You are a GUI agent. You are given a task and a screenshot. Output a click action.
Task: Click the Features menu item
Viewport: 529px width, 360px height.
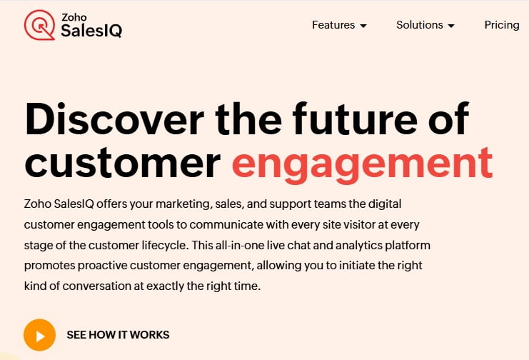(333, 25)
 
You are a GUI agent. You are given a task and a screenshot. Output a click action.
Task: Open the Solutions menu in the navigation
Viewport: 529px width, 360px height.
(420, 25)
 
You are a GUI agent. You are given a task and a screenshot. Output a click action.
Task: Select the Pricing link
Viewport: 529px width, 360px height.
(501, 25)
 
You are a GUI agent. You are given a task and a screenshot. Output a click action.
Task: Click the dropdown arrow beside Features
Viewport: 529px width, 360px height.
(363, 26)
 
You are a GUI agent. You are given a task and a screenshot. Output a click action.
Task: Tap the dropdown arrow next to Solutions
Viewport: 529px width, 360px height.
(450, 26)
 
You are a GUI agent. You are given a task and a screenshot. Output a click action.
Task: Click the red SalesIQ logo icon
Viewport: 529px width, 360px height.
(39, 25)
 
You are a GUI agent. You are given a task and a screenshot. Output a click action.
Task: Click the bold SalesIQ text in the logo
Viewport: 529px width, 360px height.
(91, 31)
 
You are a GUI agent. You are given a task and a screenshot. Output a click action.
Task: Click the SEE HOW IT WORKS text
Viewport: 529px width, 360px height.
(118, 334)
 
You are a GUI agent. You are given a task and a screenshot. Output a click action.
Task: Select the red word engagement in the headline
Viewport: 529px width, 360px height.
(362, 164)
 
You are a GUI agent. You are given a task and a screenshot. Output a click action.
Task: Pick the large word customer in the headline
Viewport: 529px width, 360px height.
(122, 164)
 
